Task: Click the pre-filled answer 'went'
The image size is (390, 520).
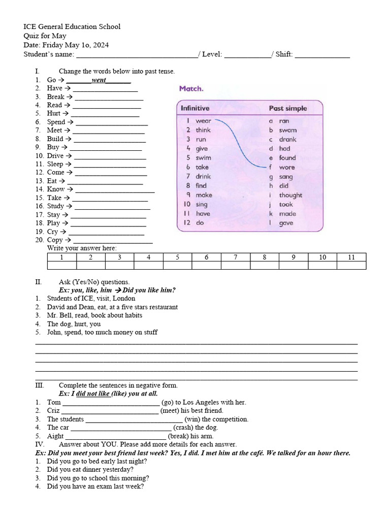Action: [99, 80]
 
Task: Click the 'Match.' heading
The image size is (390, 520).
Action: [191, 88]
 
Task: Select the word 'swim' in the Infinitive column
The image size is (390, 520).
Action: [203, 158]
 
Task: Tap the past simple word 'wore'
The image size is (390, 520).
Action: [286, 167]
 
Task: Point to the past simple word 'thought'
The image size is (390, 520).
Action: [290, 195]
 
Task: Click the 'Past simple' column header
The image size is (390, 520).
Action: [288, 108]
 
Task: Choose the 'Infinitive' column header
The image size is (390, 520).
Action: [195, 108]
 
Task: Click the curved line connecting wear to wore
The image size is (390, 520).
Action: [238, 142]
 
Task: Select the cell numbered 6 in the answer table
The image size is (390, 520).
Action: [207, 257]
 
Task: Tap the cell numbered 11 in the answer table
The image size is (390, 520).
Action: [351, 257]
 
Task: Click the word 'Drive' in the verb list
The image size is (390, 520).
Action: [55, 156]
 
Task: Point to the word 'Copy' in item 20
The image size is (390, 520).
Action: [55, 240]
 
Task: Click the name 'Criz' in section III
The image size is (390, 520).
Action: [53, 410]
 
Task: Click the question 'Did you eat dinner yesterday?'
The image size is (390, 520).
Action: [90, 470]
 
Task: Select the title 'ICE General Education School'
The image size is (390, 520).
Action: [72, 26]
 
